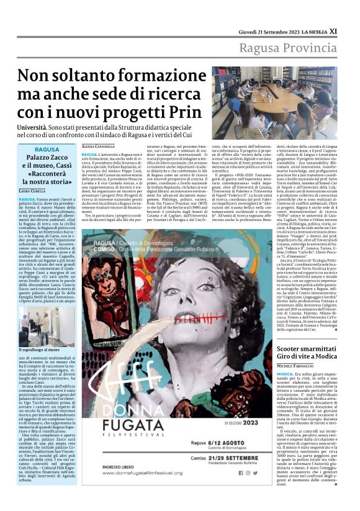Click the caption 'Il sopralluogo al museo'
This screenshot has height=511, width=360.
click(38, 350)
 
